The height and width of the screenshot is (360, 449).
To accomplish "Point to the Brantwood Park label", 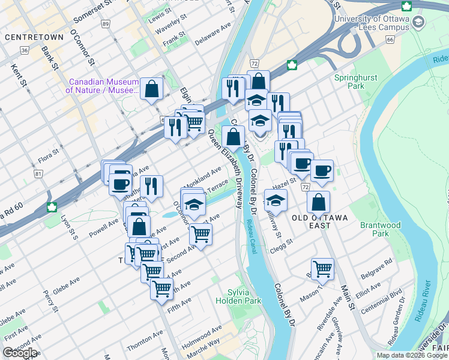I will click(380, 229).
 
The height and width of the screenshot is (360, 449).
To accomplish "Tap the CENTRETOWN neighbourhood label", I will click(34, 37).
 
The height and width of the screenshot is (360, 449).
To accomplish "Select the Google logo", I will click(20, 353).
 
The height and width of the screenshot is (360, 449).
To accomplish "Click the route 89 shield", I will click(106, 24).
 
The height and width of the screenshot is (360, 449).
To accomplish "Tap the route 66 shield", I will click(390, 40).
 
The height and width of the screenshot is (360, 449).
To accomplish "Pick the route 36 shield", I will click(24, 51).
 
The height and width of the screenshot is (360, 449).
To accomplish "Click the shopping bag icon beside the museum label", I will click(152, 89).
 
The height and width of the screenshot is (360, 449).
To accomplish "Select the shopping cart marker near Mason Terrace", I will click(322, 269).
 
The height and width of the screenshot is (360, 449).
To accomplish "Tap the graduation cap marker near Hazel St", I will click(276, 200).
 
